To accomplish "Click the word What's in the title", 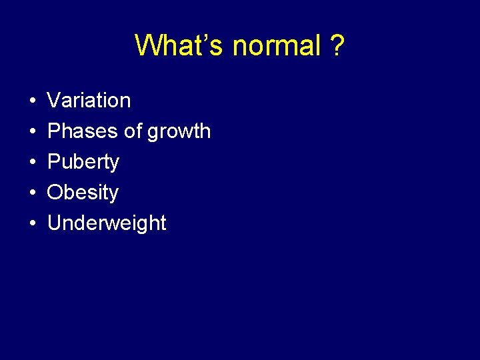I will tap(180, 46).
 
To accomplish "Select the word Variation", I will tap(89, 101).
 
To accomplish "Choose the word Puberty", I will tap(83, 163).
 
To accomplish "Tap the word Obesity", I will tap(83, 193).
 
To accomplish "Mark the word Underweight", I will tap(107, 223).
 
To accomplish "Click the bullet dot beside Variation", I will tap(33, 101).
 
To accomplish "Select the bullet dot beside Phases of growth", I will tap(33, 132).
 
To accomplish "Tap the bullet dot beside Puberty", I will tap(33, 163).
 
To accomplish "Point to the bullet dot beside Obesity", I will tap(33, 193).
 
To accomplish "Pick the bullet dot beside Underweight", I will tap(33, 224).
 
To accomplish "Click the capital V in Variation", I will tap(54, 101).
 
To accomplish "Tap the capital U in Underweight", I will tap(55, 223).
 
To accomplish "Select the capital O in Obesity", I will tap(55, 193).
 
